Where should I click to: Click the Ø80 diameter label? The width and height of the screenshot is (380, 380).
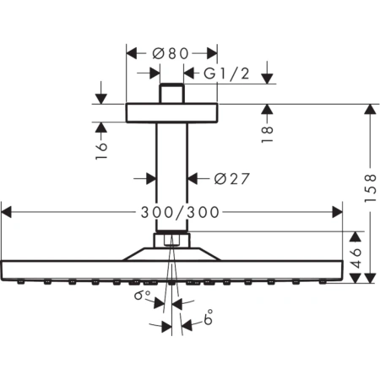pyautogui.click(x=171, y=52)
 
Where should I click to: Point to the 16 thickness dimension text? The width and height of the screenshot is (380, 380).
pyautogui.click(x=101, y=149)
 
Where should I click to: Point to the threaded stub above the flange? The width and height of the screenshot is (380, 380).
pyautogui.click(x=171, y=93)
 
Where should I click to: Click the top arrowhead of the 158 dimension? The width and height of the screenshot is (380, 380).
pyautogui.click(x=369, y=108)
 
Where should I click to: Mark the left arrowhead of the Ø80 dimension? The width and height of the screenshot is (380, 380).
pyautogui.click(x=130, y=52)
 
